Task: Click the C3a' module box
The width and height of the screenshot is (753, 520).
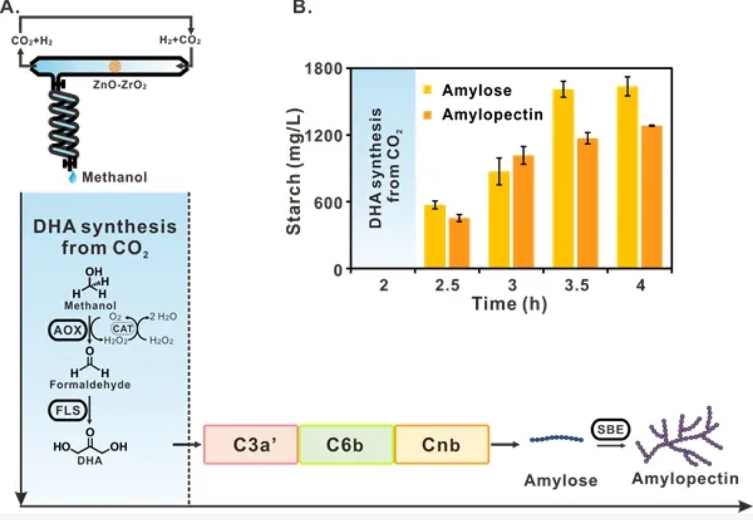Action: pos(251,444)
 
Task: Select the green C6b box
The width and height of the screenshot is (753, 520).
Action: pos(346,444)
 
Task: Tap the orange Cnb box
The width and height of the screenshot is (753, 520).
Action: pos(441,444)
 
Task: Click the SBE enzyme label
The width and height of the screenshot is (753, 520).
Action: pos(610,429)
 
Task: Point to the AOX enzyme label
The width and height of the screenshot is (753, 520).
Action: pos(67,330)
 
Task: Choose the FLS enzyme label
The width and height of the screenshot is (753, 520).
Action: pos(67,410)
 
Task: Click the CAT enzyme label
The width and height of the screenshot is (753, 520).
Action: pos(122,329)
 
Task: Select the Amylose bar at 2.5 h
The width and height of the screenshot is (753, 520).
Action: pos(434,236)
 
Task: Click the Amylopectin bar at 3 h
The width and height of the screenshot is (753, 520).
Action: pos(523,212)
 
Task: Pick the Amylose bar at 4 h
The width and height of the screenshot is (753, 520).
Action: pos(627,178)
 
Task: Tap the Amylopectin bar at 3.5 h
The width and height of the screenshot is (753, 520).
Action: pos(587,203)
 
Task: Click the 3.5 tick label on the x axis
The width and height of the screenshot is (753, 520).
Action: pos(577,285)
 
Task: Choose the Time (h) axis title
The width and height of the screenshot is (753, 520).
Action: pos(509,304)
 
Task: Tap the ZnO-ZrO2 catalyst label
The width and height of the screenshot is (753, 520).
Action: pos(120,85)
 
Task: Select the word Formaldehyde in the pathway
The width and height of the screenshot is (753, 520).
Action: pos(90,385)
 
